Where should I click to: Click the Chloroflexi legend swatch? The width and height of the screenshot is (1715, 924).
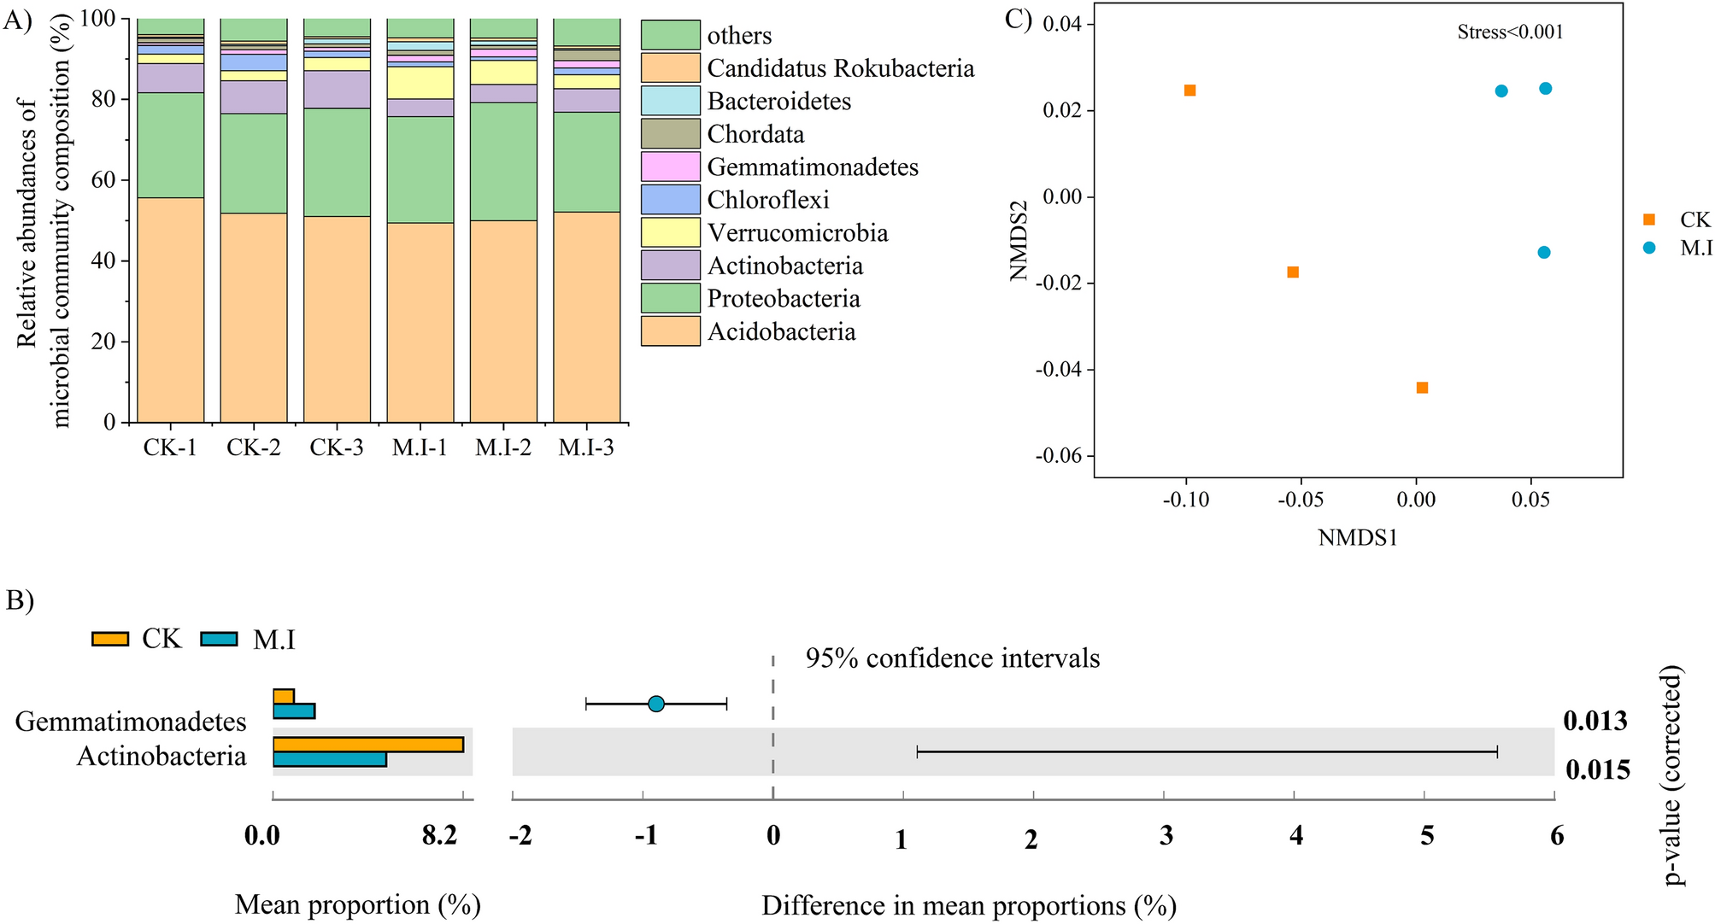click(x=671, y=200)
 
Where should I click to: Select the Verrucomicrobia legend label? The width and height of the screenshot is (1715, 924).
click(x=797, y=233)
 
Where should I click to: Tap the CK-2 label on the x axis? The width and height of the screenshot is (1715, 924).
click(x=253, y=447)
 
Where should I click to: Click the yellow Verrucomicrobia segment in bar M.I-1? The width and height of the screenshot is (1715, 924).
click(x=420, y=83)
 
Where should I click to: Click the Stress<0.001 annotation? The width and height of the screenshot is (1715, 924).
click(x=1510, y=32)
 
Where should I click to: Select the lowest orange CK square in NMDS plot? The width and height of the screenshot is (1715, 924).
click(x=1422, y=388)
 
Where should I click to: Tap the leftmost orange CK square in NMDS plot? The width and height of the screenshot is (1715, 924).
click(x=1189, y=91)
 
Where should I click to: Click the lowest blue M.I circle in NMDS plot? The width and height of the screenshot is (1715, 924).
click(x=1543, y=252)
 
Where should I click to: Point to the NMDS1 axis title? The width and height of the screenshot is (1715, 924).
click(x=1358, y=538)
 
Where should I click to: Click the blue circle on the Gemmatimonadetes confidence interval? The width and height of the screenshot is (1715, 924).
click(x=655, y=704)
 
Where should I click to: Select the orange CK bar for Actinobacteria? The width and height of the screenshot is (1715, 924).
click(x=367, y=745)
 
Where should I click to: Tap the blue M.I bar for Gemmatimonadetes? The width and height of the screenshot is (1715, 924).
click(x=293, y=711)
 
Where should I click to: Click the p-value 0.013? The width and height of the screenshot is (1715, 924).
click(x=1595, y=722)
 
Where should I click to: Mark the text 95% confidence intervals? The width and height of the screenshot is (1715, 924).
click(x=952, y=658)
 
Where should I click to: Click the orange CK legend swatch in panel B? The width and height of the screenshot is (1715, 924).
click(x=110, y=639)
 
